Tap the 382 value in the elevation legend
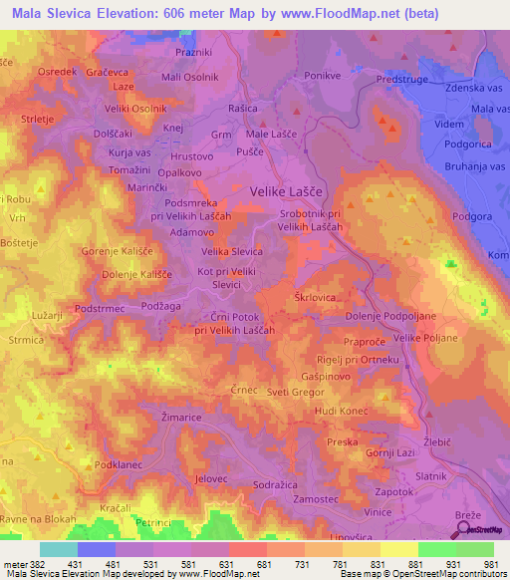(x=37, y=536)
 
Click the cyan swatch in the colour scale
(x=59, y=549)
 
